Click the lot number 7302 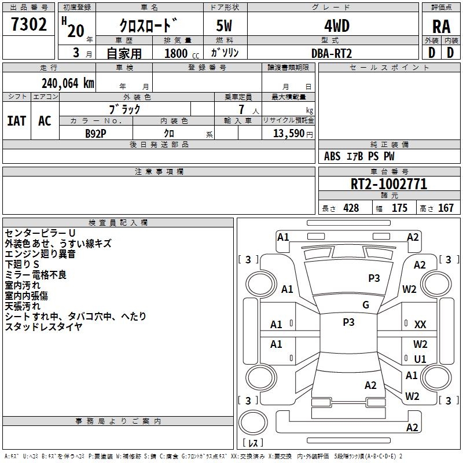click(x=29, y=24)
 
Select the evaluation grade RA click(x=441, y=27)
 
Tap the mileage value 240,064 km click(x=68, y=83)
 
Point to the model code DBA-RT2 click(x=332, y=53)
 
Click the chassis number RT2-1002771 click(x=389, y=184)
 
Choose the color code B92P click(x=95, y=134)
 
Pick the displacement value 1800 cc click(x=182, y=53)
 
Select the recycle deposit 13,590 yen click(x=293, y=134)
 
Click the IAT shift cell click(x=17, y=121)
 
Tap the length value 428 click(x=351, y=208)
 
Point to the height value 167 click(x=446, y=208)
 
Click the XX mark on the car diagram click(x=420, y=325)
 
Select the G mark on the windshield click(x=366, y=305)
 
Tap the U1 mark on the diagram click(x=420, y=359)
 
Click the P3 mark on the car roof click(x=349, y=322)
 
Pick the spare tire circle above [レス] click(x=253, y=422)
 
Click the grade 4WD click(x=337, y=26)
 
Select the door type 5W click(x=224, y=26)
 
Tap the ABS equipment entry click(x=332, y=156)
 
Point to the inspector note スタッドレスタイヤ click(x=44, y=327)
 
